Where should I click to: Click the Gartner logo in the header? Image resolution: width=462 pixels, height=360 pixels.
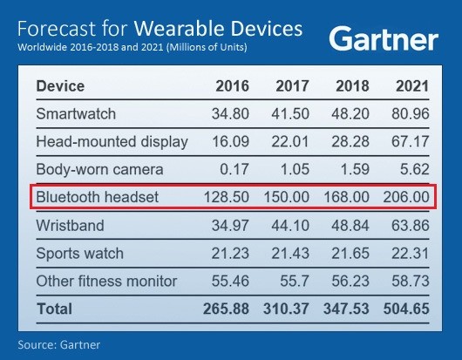(384, 38)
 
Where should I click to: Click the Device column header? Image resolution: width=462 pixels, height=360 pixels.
(60, 86)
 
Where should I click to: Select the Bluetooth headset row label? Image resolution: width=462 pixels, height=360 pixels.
(98, 198)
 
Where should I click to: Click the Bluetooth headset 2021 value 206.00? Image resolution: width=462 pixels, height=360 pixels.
(404, 198)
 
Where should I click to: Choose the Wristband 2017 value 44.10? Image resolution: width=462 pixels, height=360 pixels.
(291, 226)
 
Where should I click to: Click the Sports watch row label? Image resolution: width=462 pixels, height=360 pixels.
(79, 254)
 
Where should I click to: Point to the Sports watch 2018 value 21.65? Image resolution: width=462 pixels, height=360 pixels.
(350, 254)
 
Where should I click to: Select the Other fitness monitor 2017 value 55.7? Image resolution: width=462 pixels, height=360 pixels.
(296, 282)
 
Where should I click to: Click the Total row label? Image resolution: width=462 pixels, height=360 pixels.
(54, 309)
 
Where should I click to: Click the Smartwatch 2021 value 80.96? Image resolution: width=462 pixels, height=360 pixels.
(409, 114)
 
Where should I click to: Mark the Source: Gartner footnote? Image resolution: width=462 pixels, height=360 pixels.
(58, 344)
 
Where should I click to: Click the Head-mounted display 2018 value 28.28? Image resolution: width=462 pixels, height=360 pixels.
(350, 142)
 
